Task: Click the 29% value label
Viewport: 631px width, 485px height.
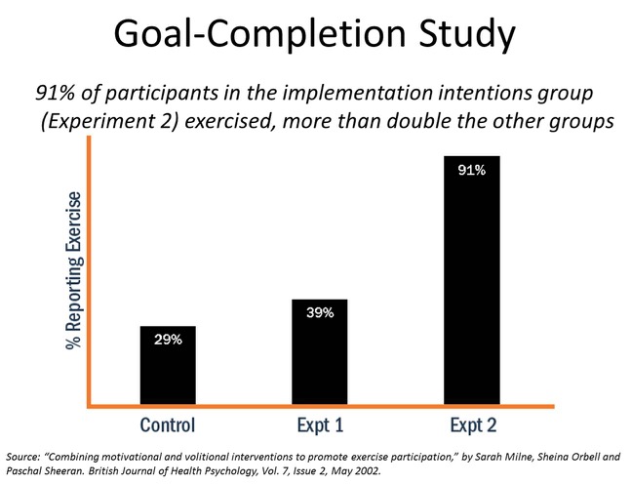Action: coord(167,339)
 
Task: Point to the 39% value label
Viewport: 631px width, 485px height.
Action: coord(319,312)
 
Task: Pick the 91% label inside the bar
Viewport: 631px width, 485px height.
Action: coord(471,170)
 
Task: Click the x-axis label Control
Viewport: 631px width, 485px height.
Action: coord(167,424)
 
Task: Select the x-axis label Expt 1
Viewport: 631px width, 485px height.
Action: coord(319,424)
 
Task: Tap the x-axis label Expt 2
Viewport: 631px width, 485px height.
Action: coord(471,424)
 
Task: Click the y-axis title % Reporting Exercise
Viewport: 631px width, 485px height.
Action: coord(73,269)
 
